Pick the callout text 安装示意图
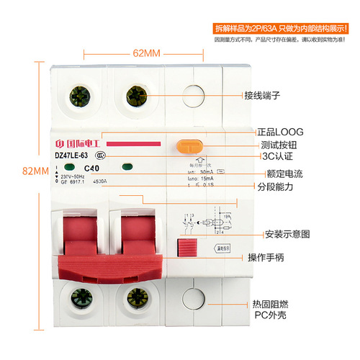pyautogui.click(x=287, y=234)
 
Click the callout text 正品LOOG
pyautogui.click(x=281, y=132)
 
